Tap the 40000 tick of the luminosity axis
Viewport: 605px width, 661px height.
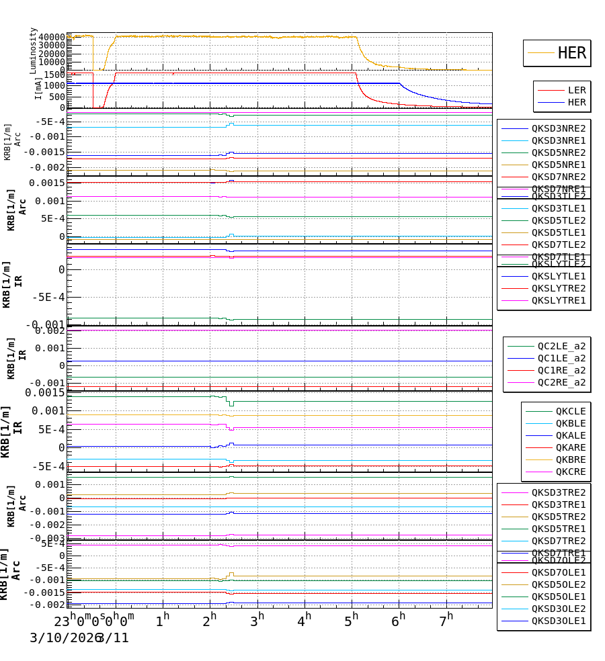point(52,38)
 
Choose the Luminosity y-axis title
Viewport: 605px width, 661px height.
point(33,50)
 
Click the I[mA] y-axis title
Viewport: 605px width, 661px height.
point(38,87)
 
